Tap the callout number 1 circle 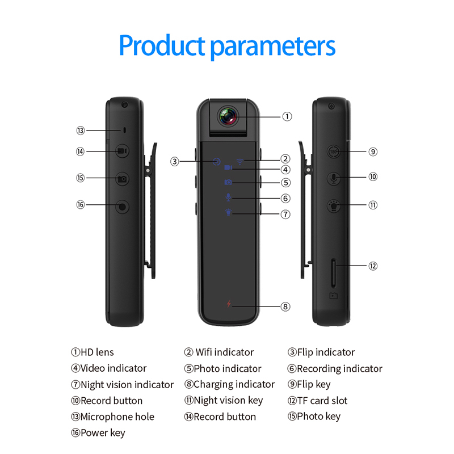(x=287, y=116)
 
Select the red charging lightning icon (x=229, y=305)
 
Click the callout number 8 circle (x=285, y=306)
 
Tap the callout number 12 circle (x=373, y=266)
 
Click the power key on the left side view (x=123, y=206)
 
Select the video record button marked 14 (x=123, y=151)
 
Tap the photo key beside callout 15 (x=123, y=179)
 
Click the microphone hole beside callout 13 (x=123, y=130)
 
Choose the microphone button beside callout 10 (x=334, y=178)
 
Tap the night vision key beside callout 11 (x=334, y=205)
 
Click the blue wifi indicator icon (x=241, y=160)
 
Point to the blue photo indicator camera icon (x=228, y=182)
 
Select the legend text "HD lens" (x=97, y=352)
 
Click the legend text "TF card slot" (x=322, y=401)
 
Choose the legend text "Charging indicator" (x=234, y=384)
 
